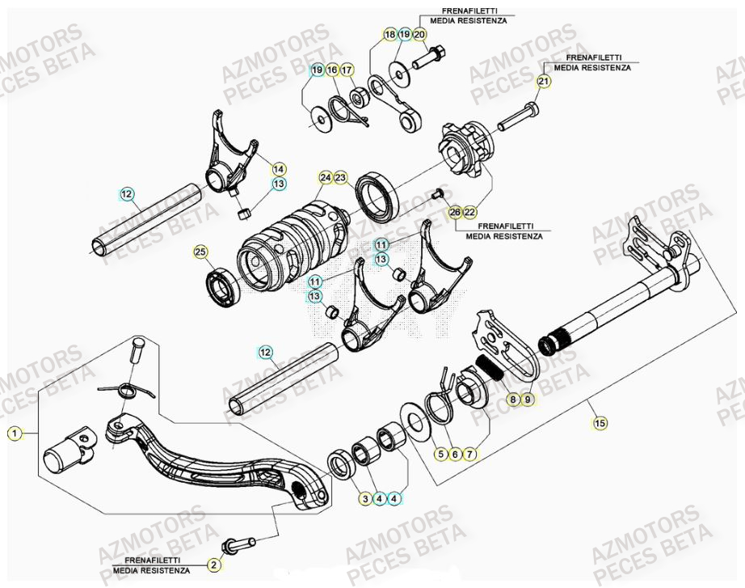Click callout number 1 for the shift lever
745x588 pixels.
pyautogui.click(x=13, y=434)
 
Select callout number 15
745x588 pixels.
pyautogui.click(x=599, y=422)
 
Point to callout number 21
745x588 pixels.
pyautogui.click(x=543, y=81)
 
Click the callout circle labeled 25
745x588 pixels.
pyautogui.click(x=200, y=252)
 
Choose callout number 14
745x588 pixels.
pyautogui.click(x=278, y=169)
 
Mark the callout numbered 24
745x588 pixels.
pyautogui.click(x=326, y=177)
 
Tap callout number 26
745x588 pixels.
pyautogui.click(x=454, y=212)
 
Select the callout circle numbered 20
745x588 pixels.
pyautogui.click(x=419, y=35)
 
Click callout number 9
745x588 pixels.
pyautogui.click(x=527, y=400)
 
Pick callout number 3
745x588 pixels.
pyautogui.click(x=365, y=499)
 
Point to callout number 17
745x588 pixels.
pyautogui.click(x=346, y=70)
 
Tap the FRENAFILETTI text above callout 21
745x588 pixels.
pyautogui.click(x=593, y=58)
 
